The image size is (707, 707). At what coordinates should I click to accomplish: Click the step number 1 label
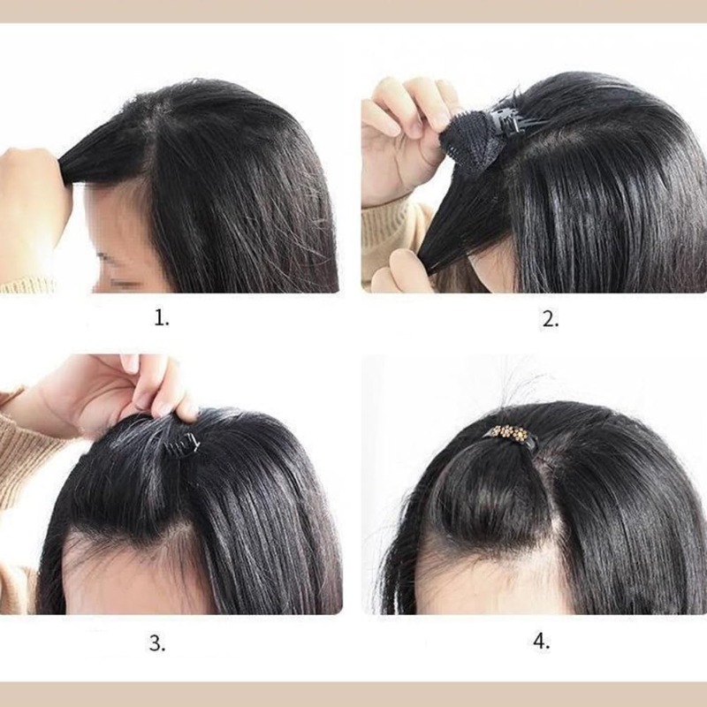click(x=162, y=319)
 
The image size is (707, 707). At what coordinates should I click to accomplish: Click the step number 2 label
click(x=550, y=319)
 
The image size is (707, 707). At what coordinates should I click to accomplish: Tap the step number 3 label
click(x=157, y=643)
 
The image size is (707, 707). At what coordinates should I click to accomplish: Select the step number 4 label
click(x=542, y=641)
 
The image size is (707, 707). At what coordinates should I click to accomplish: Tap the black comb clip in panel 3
click(x=182, y=445)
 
